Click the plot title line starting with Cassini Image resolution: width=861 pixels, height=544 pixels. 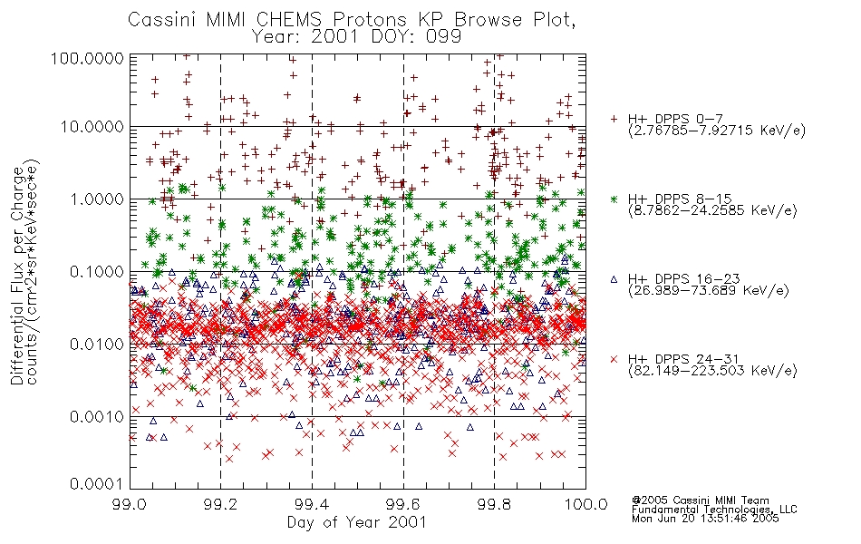(x=352, y=20)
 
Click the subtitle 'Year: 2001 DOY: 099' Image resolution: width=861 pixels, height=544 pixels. (x=356, y=37)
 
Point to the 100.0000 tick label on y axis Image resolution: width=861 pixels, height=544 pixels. (x=88, y=58)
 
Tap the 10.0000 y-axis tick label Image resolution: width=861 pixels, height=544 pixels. (x=92, y=127)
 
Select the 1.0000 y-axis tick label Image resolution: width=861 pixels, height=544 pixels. (x=97, y=199)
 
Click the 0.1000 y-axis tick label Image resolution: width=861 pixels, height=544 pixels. (x=97, y=272)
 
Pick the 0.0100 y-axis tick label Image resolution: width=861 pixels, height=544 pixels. (x=97, y=345)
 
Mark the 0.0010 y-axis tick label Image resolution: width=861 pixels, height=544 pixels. (x=97, y=417)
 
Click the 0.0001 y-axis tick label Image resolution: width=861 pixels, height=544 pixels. (x=97, y=484)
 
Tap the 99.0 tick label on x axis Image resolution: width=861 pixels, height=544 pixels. (x=130, y=504)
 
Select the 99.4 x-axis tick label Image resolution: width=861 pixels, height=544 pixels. (x=312, y=504)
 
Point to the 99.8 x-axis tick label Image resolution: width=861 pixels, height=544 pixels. (x=494, y=504)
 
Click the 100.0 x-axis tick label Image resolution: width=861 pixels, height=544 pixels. (x=585, y=504)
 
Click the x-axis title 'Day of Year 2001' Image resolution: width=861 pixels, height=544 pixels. (x=356, y=522)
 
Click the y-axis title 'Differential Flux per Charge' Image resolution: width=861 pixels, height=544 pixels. (x=17, y=275)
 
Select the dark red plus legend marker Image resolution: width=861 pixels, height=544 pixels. (x=614, y=119)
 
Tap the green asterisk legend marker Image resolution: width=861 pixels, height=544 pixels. (x=614, y=199)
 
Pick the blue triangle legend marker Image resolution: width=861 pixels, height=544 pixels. (x=614, y=279)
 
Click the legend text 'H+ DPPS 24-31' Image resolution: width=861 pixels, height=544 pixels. (x=683, y=359)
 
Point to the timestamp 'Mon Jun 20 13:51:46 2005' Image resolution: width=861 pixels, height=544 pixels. (x=705, y=519)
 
